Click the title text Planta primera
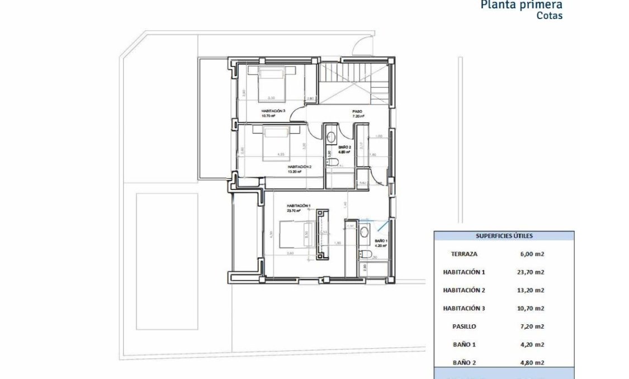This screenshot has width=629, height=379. [521, 5]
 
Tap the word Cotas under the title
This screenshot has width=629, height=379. [549, 16]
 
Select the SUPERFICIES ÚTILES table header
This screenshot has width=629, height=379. [504, 236]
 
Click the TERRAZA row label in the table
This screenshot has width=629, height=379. [464, 254]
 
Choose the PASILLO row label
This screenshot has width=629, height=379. [464, 326]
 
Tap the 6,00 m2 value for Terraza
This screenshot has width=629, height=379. [532, 254]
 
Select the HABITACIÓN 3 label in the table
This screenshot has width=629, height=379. [464, 309]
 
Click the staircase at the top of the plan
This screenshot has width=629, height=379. [353, 78]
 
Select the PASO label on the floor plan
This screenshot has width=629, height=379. [357, 112]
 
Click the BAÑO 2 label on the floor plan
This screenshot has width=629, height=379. [344, 148]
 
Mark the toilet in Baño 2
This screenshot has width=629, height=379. [333, 163]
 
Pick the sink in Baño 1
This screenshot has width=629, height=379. [364, 232]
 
